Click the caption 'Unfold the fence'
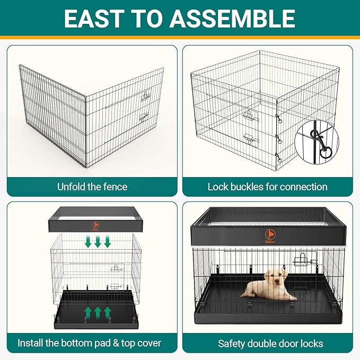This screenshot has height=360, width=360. (92, 187)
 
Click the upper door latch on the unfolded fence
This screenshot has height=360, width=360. (146, 96)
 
